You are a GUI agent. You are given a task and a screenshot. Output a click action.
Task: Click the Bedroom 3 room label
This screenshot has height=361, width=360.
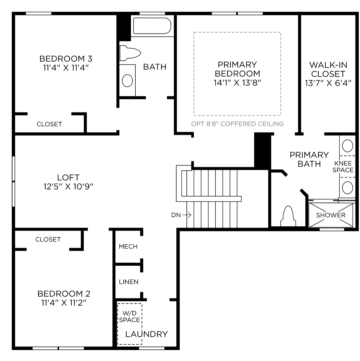(x=66, y=59)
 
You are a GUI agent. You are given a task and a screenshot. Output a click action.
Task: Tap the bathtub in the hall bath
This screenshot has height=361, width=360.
(x=152, y=26)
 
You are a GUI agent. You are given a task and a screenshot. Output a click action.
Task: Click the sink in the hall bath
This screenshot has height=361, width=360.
(x=127, y=80)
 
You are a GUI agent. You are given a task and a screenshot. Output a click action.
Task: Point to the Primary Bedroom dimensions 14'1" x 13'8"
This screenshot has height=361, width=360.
(x=237, y=83)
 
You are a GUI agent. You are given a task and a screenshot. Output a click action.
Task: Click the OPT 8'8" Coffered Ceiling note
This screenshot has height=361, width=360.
(x=237, y=124)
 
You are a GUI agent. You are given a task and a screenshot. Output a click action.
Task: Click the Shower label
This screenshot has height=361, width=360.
(x=331, y=215)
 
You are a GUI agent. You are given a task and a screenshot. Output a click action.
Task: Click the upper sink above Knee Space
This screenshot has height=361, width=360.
(x=348, y=146)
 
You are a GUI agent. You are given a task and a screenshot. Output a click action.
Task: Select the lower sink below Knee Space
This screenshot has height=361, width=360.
(x=348, y=188)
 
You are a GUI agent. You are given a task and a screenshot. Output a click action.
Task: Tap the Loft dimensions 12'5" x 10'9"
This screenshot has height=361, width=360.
(x=68, y=186)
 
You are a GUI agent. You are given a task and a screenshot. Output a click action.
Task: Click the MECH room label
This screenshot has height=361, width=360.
(x=128, y=246)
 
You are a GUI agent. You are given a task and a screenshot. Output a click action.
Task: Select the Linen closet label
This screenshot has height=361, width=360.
(x=128, y=282)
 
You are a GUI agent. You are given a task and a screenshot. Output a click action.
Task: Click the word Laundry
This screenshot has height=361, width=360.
(x=146, y=334)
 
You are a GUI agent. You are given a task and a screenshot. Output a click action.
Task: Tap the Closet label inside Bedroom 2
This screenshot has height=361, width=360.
(x=48, y=239)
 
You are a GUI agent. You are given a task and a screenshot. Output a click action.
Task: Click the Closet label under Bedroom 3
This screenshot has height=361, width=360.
(x=49, y=124)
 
